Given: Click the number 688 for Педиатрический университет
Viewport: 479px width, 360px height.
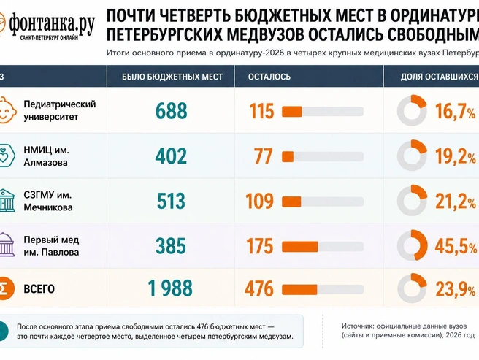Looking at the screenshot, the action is [x=171, y=110].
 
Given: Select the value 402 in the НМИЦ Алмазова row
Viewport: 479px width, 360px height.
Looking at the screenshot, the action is [x=171, y=156].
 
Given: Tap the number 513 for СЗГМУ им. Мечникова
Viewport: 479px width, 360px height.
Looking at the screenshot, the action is [x=171, y=201].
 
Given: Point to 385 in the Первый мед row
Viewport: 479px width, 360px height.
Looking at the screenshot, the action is [x=171, y=246].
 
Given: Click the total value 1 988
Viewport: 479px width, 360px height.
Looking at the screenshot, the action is [x=170, y=288].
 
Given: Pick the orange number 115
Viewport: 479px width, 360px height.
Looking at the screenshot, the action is [x=262, y=110].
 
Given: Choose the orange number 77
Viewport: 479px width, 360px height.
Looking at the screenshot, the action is [x=264, y=156].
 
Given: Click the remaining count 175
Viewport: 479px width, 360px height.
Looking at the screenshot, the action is [x=260, y=246].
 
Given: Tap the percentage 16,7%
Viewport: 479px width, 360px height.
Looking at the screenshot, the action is [x=456, y=111].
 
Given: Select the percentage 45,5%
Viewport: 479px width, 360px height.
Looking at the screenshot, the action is [x=456, y=246].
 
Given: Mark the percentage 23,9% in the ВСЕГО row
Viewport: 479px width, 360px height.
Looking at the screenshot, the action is [x=456, y=289].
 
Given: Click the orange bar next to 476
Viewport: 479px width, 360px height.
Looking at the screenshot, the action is [x=299, y=290].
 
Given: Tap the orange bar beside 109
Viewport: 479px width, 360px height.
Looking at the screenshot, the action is [x=291, y=202].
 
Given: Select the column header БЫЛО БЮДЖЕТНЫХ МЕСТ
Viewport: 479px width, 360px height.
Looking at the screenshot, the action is [x=172, y=77].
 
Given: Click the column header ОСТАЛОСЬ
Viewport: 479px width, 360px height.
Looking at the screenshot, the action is [x=269, y=77].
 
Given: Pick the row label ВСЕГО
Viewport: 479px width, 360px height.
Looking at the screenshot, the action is [x=39, y=288].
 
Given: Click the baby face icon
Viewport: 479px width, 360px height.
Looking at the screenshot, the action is [x=7, y=110].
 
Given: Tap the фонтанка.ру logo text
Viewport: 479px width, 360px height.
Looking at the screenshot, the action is [x=51, y=24].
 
